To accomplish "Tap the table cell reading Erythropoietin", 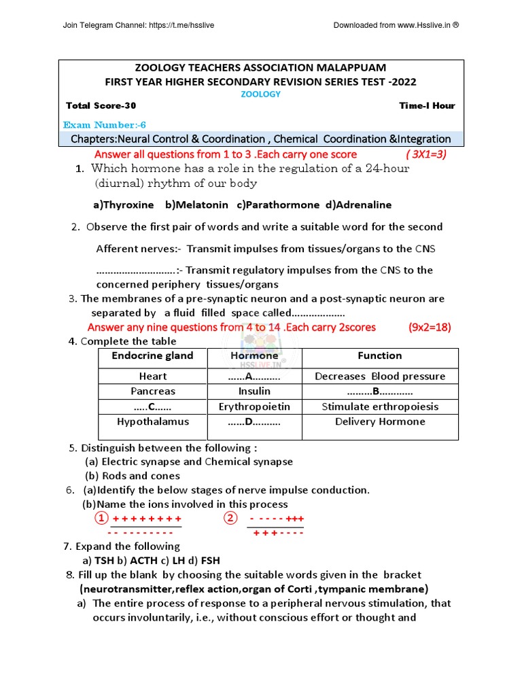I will point(254,406).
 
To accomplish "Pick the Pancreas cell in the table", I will point(153,391).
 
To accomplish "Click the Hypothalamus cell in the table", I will point(153,421).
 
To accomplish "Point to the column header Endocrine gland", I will point(152,355).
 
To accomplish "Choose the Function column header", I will point(380,355).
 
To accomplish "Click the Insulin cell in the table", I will point(254,391).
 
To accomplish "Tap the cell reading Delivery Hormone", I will point(380,421).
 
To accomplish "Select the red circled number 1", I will point(101,519).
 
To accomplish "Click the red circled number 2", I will point(230,519).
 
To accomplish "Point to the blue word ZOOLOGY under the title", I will point(260,94).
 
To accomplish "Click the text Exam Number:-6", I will point(104,125).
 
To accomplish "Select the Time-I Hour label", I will point(427,105).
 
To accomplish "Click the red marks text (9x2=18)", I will point(430,327).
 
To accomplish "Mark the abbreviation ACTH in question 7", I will point(143,561).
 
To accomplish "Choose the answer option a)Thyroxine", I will point(122,205).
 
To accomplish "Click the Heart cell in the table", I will point(153,377).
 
